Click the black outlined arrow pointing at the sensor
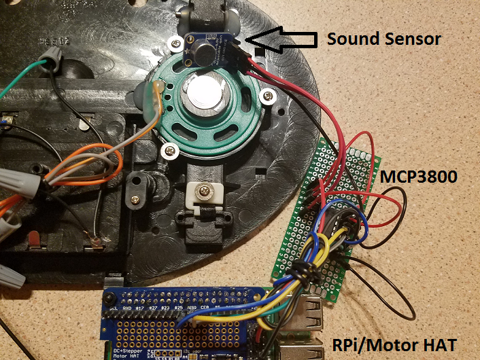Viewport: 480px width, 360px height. tap(281, 40)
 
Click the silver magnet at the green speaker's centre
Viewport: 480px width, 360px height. tap(205, 94)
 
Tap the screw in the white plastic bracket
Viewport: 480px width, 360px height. tap(203, 193)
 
